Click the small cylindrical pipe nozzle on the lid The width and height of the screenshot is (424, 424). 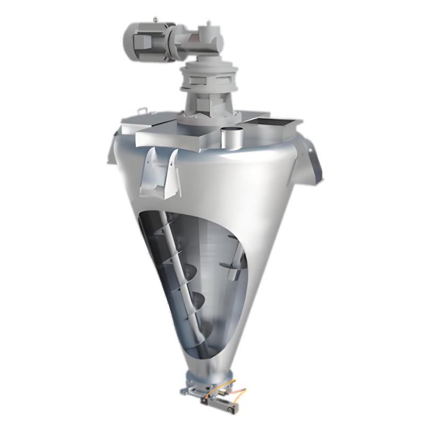click(229, 139)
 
